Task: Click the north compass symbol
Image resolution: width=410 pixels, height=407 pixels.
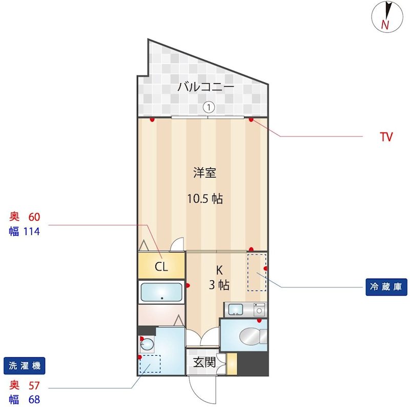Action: pos(387,17)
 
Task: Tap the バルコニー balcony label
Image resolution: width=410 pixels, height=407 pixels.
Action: pos(206,87)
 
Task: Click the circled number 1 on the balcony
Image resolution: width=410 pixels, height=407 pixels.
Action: pos(209,107)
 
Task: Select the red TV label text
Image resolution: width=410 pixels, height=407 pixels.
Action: pos(386,137)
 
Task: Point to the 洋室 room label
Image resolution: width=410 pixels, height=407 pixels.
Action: pos(204,172)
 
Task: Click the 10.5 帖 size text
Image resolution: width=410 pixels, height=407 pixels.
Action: pos(205,199)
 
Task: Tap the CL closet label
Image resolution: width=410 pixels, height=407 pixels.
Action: pos(161,266)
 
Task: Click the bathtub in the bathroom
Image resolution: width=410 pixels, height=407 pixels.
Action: pos(161,292)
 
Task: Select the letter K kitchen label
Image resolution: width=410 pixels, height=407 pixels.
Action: pos(219,270)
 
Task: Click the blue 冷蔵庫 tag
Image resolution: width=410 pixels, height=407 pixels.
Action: pos(386,287)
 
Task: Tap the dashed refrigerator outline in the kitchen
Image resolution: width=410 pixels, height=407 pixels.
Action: pos(257,272)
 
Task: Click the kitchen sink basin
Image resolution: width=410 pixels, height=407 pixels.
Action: pos(235,309)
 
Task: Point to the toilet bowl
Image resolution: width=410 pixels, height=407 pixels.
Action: pos(250,336)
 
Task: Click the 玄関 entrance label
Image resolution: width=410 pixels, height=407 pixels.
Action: pos(204,362)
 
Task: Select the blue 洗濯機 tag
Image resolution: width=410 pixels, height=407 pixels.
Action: pos(24,365)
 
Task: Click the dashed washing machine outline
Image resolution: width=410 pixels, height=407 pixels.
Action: pos(150,364)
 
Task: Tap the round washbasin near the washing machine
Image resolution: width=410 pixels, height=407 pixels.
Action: pos(147,344)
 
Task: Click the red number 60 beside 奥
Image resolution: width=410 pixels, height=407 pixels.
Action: pos(34,217)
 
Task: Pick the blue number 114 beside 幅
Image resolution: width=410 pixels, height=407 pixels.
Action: pos(32,231)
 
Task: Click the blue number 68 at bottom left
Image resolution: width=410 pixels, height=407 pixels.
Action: pos(34,399)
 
